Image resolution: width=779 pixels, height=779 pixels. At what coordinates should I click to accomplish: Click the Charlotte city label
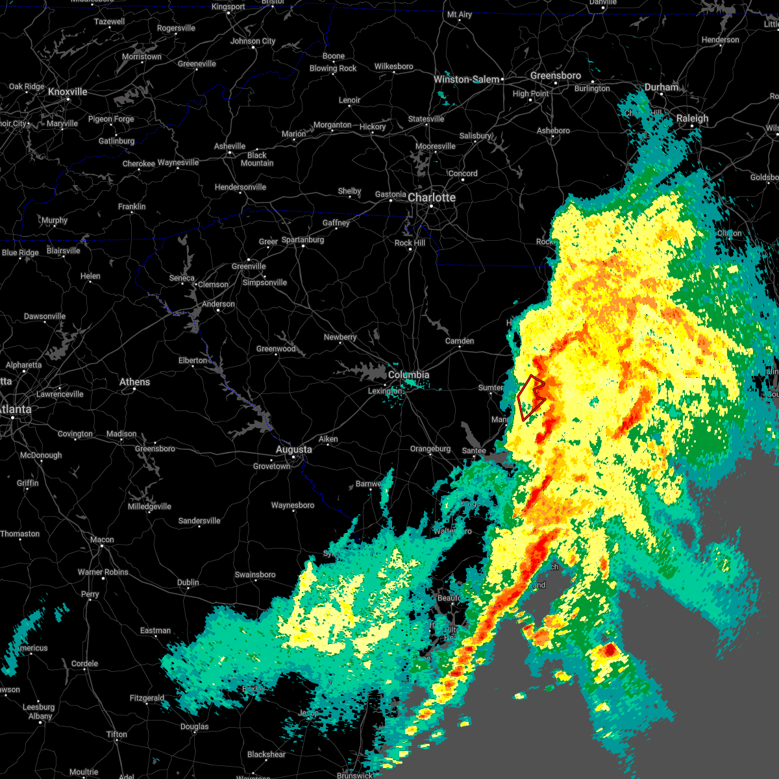[x=432, y=197]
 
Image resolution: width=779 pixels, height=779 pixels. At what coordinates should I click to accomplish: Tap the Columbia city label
[x=408, y=375]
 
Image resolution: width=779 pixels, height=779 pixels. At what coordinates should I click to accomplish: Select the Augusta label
[x=293, y=449]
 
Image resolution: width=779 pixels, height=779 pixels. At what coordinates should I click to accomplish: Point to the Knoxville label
[x=68, y=92]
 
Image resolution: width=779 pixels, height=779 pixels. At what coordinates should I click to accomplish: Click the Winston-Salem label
[x=466, y=79]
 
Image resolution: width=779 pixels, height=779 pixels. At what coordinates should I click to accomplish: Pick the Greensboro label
[x=555, y=75]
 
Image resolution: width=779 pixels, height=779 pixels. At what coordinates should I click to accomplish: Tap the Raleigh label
[x=692, y=118]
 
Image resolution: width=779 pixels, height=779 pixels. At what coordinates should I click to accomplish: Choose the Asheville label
[x=230, y=146]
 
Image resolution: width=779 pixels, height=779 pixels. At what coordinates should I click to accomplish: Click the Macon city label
[x=102, y=539]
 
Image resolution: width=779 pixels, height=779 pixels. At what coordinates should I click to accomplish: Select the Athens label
[x=134, y=382]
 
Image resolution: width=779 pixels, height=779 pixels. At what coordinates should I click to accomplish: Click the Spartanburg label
[x=303, y=240]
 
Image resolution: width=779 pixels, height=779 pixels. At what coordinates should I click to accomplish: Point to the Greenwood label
[x=276, y=349]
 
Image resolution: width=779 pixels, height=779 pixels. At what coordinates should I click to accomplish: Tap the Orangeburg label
[x=430, y=449]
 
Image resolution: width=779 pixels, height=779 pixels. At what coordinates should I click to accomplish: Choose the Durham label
[x=661, y=87]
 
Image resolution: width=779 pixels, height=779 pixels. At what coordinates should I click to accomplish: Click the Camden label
[x=460, y=341]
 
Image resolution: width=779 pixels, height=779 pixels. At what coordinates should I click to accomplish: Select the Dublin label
[x=188, y=582]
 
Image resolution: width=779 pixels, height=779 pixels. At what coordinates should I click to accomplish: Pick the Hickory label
[x=373, y=127]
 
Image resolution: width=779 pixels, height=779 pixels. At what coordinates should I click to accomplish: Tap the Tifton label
[x=117, y=734]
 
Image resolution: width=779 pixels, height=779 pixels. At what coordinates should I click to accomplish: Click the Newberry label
[x=340, y=337]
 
